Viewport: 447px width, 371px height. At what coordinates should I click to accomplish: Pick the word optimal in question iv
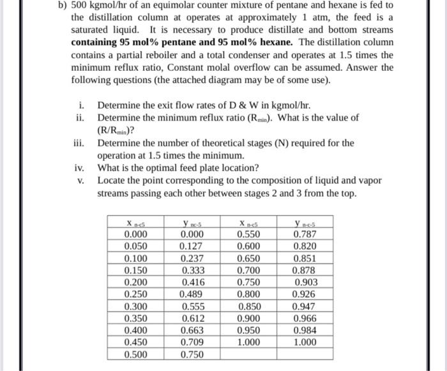[x=153, y=168]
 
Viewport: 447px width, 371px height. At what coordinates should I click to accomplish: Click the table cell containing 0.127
[x=190, y=246]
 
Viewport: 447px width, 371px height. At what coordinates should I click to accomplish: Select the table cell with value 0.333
[x=190, y=270]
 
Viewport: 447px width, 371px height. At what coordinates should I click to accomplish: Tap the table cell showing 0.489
[x=190, y=294]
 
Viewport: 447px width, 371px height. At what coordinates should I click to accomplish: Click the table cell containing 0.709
[x=190, y=342]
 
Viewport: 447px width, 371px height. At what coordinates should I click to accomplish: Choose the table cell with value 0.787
[x=305, y=234]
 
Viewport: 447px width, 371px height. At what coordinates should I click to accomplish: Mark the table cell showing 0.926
[x=305, y=294]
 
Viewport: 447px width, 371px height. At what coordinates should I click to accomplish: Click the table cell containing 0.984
[x=305, y=330]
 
